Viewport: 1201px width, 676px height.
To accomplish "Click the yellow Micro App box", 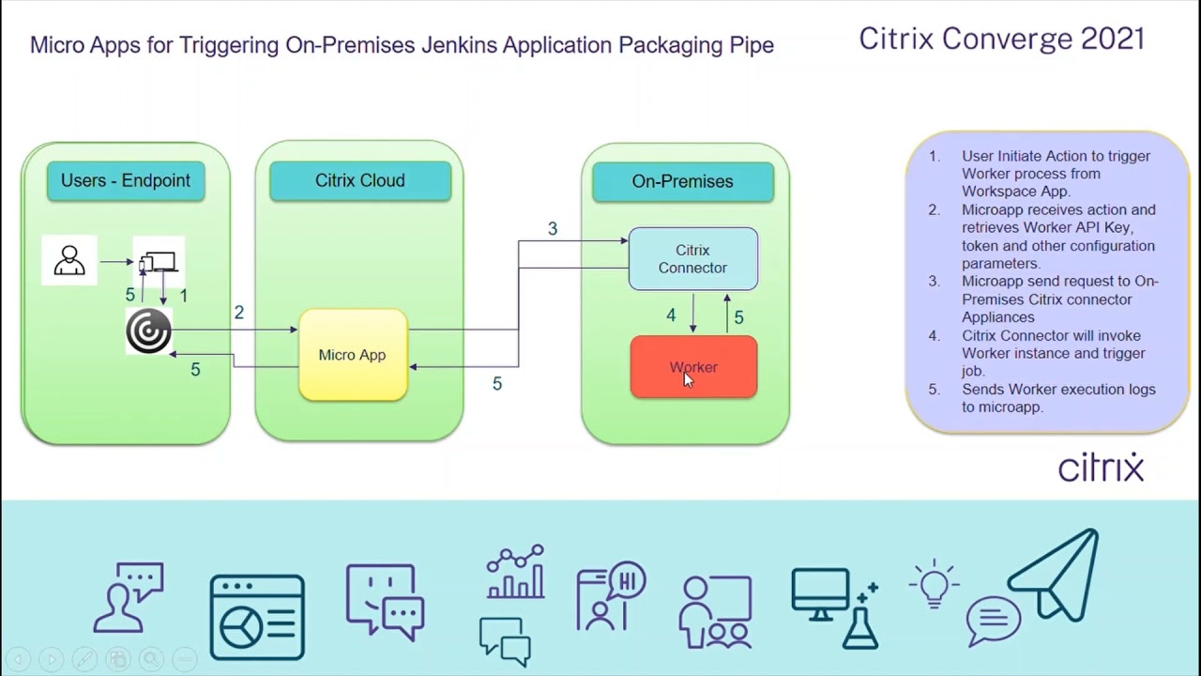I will click(x=353, y=355).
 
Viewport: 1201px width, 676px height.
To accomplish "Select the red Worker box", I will click(x=693, y=367).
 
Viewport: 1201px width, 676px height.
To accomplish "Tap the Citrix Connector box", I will click(x=692, y=259).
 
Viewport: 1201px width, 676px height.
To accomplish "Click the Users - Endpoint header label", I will click(x=126, y=180).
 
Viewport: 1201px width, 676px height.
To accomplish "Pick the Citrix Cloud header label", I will click(x=360, y=180).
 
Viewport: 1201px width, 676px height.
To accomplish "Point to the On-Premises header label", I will click(x=682, y=181).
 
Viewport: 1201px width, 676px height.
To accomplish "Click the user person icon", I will click(x=69, y=259).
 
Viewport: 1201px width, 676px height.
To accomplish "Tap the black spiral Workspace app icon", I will click(x=148, y=332).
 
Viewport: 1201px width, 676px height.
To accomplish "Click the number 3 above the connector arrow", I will click(x=553, y=229).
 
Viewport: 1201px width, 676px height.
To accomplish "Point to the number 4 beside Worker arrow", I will click(x=671, y=315).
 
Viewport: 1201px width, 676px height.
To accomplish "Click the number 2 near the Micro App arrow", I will click(x=239, y=313).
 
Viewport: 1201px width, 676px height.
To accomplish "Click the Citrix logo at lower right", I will click(x=1101, y=467).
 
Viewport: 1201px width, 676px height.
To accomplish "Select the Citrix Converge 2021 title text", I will click(x=1001, y=38).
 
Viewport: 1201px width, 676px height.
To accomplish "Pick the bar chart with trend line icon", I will click(x=515, y=572).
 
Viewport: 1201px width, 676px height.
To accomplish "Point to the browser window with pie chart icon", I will click(x=257, y=617).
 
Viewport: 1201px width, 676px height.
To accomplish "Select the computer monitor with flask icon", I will click(x=834, y=607).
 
